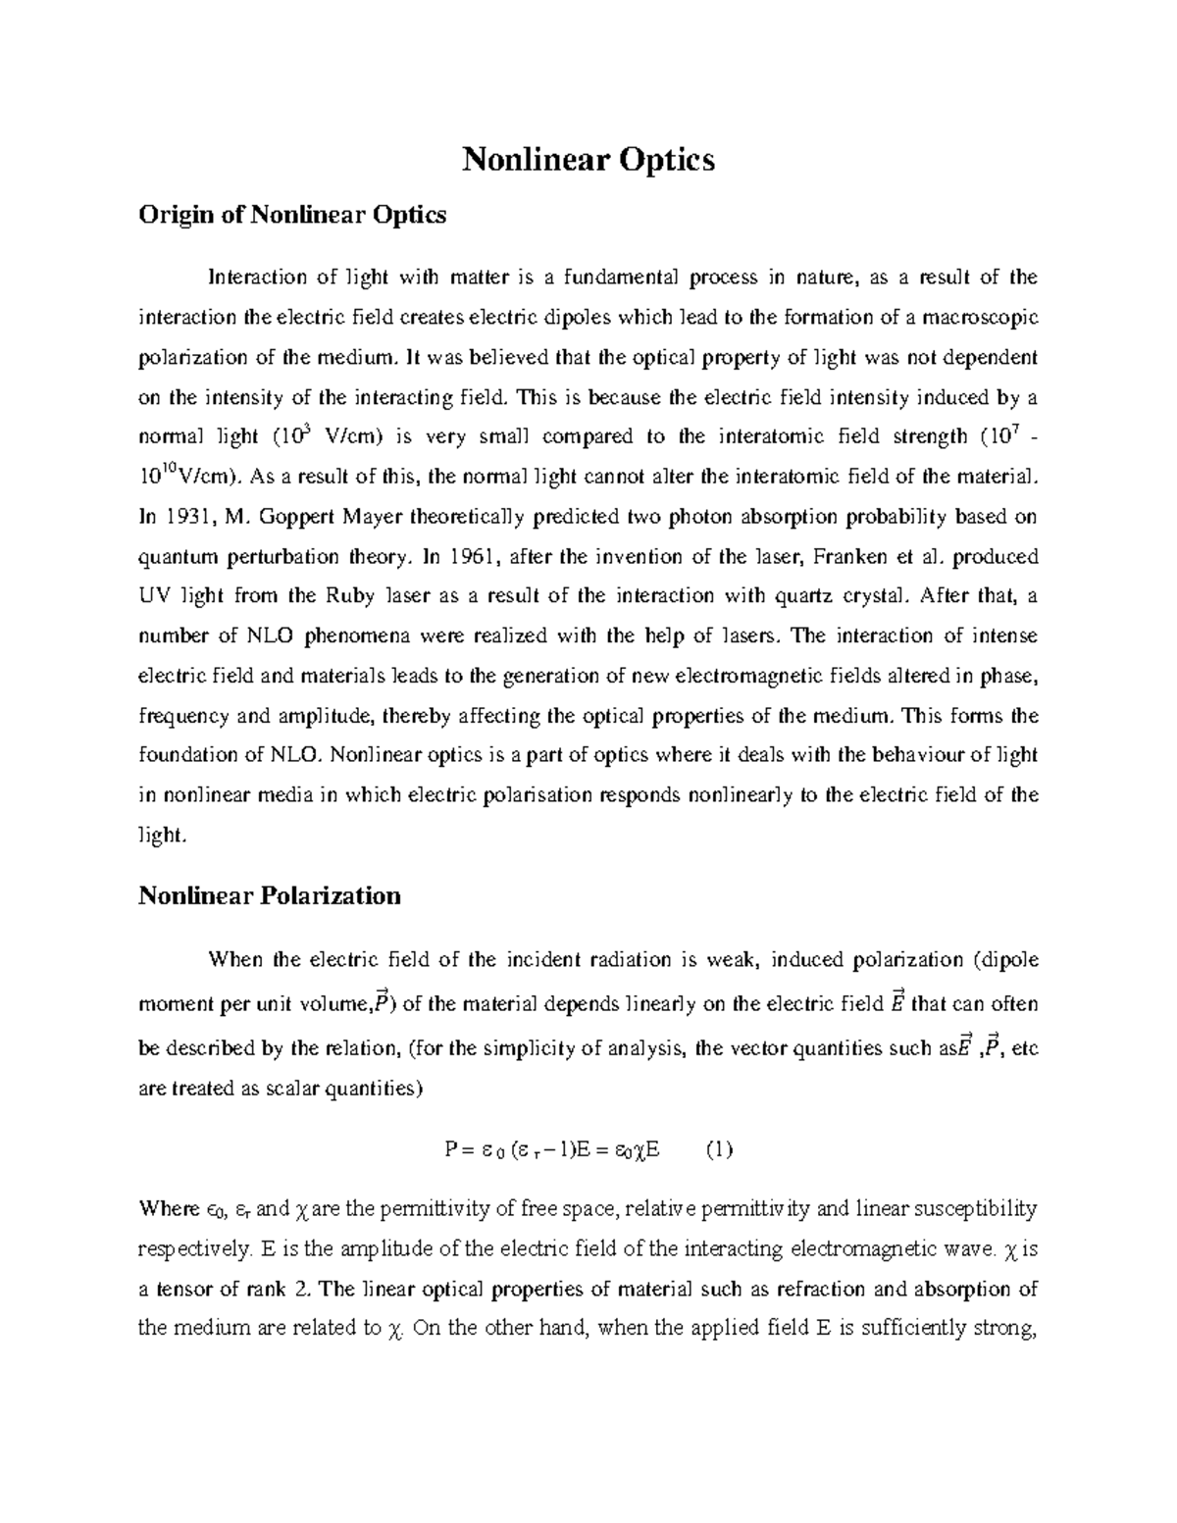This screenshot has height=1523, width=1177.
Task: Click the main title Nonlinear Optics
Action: (x=588, y=159)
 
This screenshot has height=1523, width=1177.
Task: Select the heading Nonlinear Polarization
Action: (x=270, y=895)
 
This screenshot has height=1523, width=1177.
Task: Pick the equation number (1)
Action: (x=719, y=1149)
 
